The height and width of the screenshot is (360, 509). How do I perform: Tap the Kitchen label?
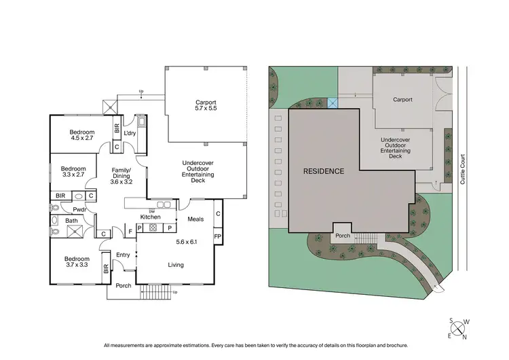pos(150,217)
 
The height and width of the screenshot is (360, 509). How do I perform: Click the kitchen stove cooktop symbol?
pos(153,228)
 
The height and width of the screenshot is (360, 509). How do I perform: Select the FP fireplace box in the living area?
pos(217,236)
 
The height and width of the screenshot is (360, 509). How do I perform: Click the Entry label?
pos(123,255)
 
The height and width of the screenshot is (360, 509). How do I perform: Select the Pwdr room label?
pos(79,209)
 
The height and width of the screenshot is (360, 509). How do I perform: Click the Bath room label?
pos(71,221)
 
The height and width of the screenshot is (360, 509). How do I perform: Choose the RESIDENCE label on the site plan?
pos(323,170)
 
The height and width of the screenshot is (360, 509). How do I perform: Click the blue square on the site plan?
pos(332,103)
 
